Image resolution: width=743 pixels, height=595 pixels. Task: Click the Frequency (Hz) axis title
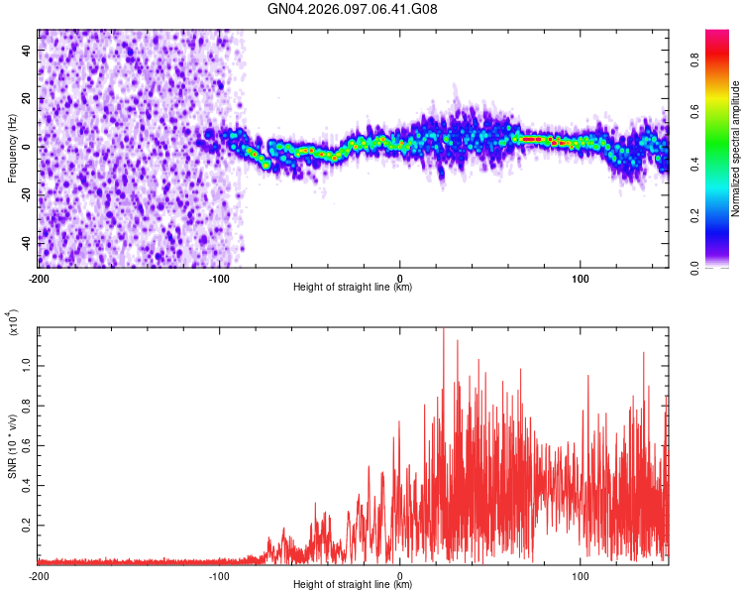[12, 149]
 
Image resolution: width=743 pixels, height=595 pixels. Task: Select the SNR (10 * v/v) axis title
[12, 446]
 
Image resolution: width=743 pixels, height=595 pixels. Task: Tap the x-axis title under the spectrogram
[353, 288]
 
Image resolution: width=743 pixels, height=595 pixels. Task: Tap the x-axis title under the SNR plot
[353, 585]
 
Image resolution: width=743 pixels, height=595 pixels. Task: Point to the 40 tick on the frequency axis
[28, 50]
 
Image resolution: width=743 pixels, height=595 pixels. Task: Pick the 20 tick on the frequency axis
[28, 98]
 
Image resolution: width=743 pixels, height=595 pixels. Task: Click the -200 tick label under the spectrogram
[39, 277]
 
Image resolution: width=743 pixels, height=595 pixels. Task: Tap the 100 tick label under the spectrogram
[581, 277]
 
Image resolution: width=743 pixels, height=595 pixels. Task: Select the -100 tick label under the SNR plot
[219, 574]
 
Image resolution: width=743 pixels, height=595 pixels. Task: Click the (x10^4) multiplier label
[14, 322]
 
